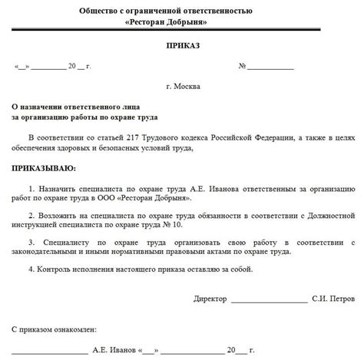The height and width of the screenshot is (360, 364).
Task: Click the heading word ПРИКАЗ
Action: click(x=181, y=47)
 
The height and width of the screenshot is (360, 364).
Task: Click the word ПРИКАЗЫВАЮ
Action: click(x=44, y=167)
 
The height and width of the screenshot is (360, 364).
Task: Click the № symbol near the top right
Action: click(x=242, y=66)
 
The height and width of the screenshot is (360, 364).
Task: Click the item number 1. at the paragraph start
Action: click(x=31, y=187)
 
